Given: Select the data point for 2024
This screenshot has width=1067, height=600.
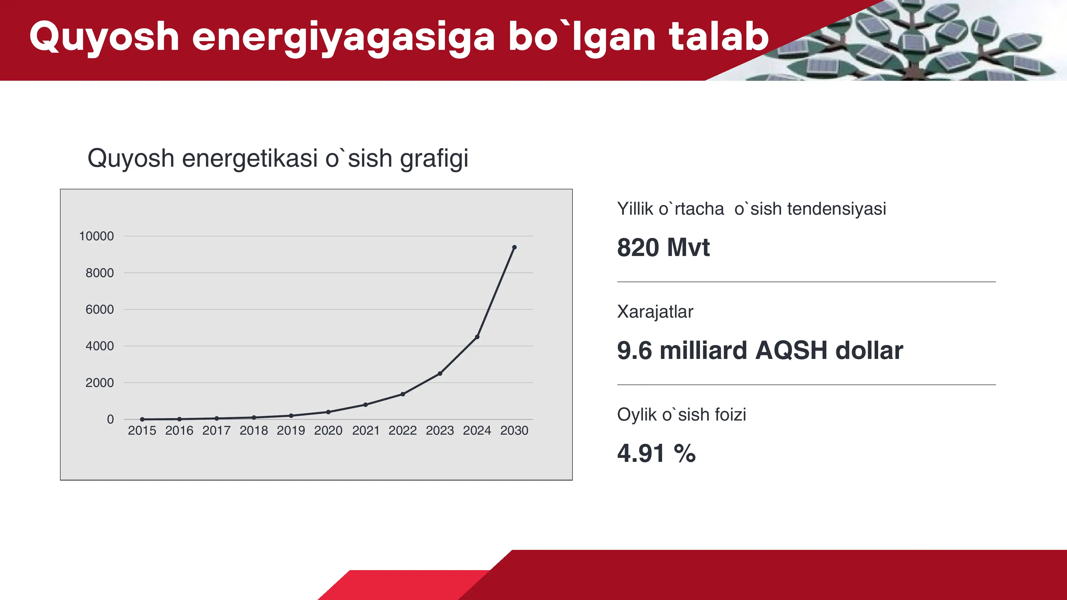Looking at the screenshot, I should click(477, 337).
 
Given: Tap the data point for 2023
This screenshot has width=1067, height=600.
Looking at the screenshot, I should click(440, 374).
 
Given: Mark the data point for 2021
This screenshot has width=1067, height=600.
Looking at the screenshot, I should click(365, 405).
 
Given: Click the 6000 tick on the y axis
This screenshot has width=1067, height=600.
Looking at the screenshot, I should click(99, 309).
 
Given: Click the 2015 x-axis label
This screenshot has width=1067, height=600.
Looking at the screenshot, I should click(142, 431).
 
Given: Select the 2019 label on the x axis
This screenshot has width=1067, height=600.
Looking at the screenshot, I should click(291, 431).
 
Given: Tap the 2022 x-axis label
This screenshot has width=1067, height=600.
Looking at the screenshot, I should click(403, 431).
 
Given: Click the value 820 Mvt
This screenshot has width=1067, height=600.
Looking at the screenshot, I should click(663, 248).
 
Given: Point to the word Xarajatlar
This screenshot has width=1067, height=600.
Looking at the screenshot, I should click(655, 311).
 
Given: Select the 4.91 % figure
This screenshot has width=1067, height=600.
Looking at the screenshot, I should click(656, 453).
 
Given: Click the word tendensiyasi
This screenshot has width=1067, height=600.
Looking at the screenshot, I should click(836, 209).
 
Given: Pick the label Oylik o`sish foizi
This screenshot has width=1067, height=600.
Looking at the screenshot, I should click(681, 414).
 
